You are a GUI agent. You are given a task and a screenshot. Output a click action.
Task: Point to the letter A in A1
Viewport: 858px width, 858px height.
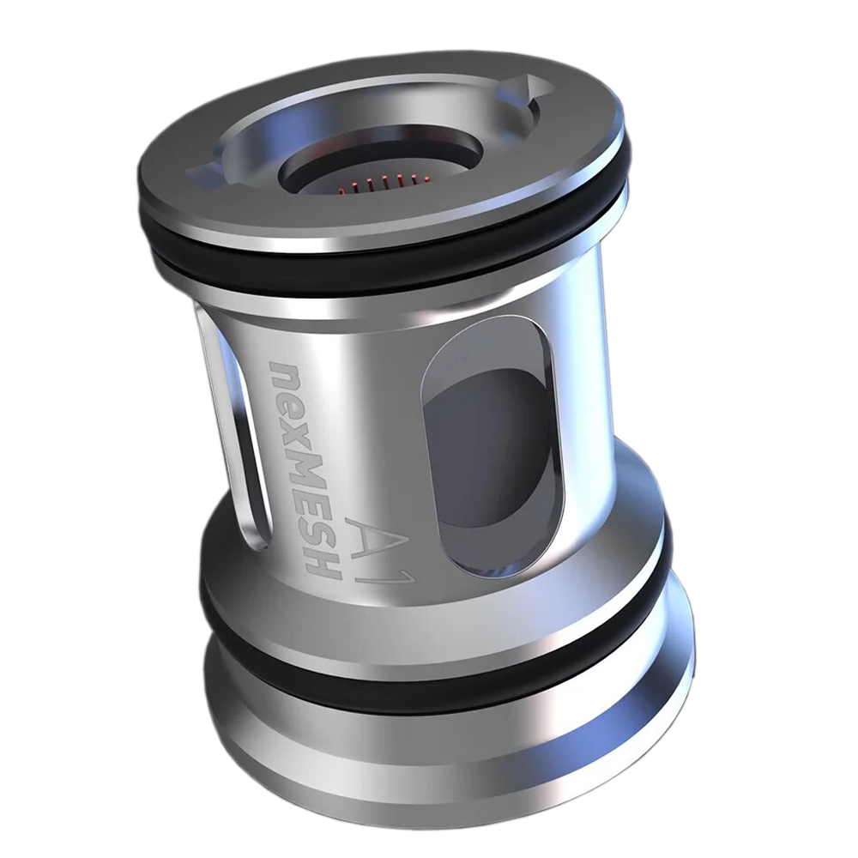click(364, 528)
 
